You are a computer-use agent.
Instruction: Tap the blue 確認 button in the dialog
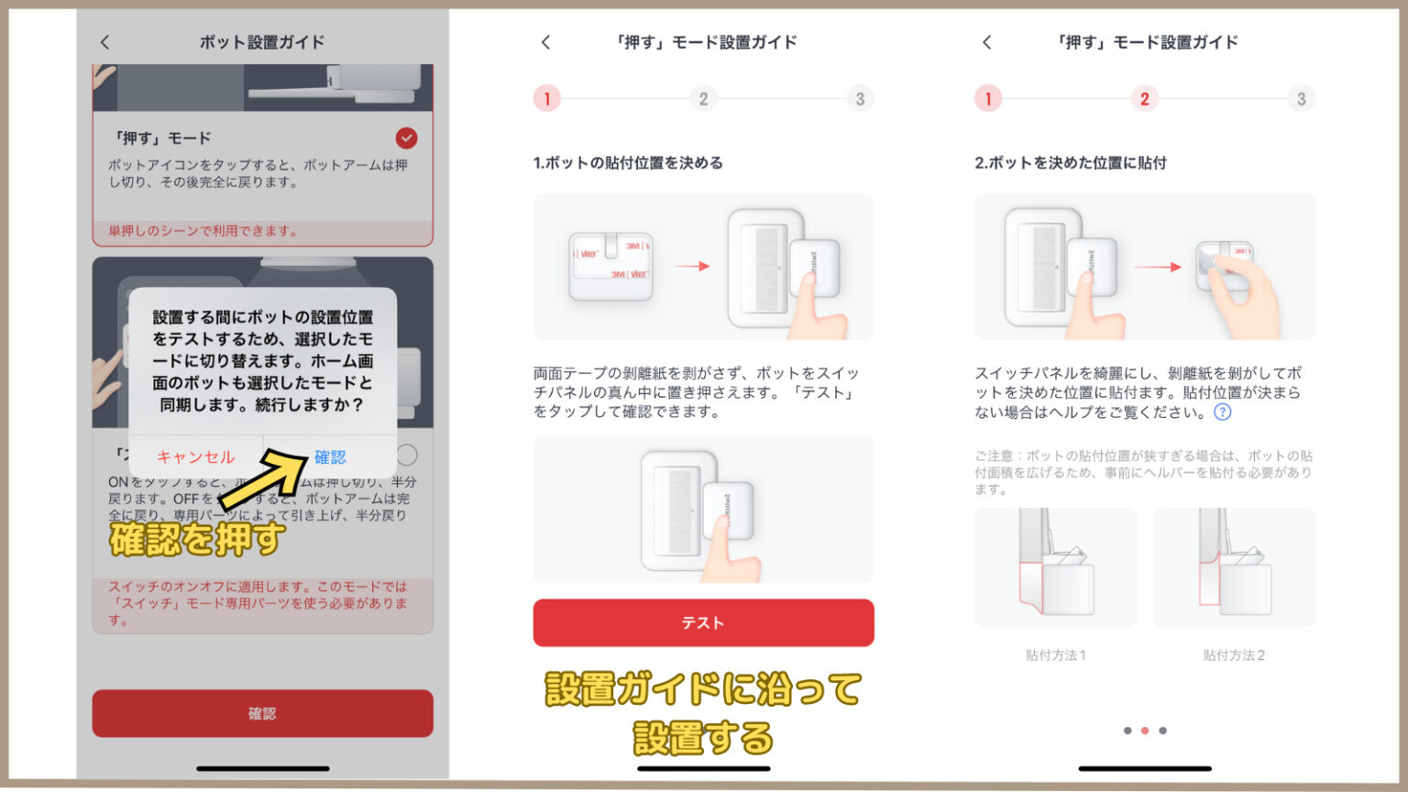[330, 456]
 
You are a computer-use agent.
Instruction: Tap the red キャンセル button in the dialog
[195, 456]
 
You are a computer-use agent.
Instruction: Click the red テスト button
[703, 622]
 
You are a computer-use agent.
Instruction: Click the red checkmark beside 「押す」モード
[406, 137]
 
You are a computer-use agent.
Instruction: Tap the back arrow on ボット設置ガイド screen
[104, 42]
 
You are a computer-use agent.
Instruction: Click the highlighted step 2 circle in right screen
[1144, 99]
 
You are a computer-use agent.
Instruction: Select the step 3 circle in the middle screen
[859, 99]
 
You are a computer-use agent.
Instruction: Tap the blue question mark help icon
[1222, 412]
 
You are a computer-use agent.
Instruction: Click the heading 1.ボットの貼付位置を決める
[628, 162]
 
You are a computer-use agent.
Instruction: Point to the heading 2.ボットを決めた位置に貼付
[1070, 162]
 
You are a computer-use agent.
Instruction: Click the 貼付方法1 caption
[1055, 654]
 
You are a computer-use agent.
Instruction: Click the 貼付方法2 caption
[1233, 654]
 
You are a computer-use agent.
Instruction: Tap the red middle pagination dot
[1144, 731]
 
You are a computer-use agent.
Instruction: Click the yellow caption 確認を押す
[196, 539]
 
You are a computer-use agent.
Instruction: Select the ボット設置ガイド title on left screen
[262, 42]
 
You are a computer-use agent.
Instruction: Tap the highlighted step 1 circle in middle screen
[547, 99]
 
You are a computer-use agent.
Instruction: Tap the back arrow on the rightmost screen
[986, 42]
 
